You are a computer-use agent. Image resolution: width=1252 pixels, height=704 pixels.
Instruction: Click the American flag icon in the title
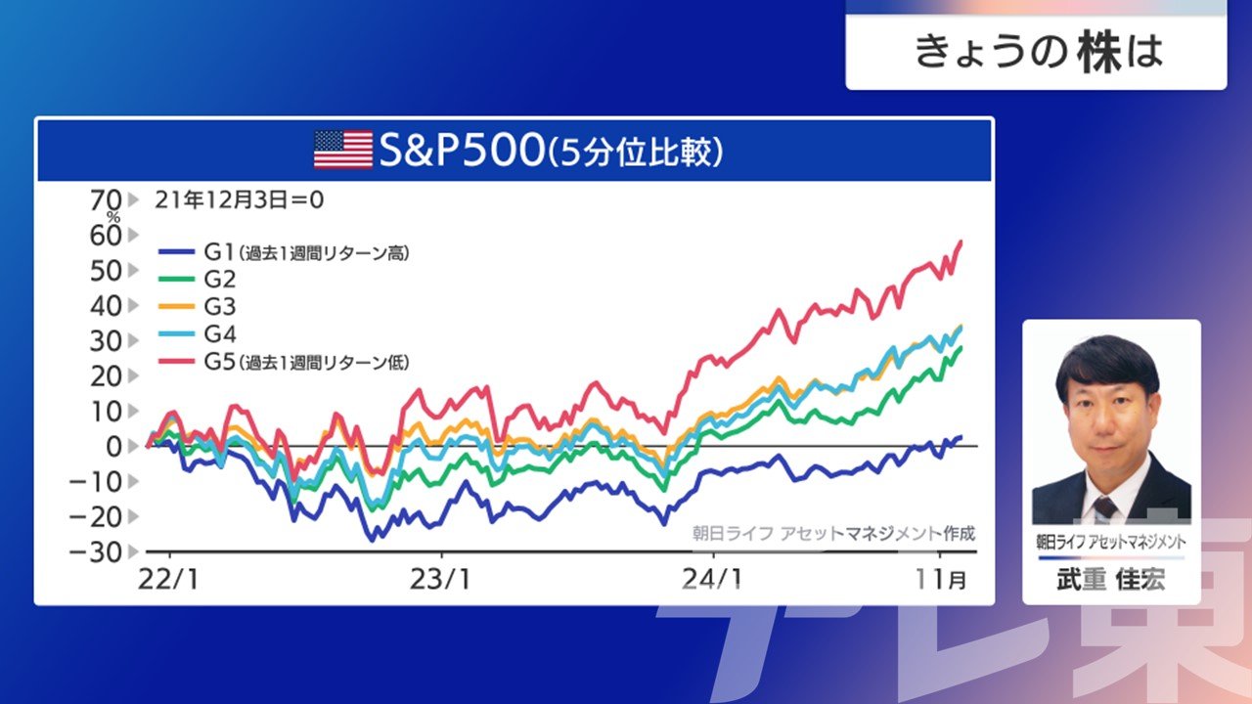(343, 150)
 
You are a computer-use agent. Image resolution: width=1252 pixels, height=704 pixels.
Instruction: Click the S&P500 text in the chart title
(462, 150)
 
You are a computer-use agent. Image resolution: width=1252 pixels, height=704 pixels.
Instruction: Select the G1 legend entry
(284, 252)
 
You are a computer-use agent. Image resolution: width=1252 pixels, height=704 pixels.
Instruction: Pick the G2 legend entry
(198, 279)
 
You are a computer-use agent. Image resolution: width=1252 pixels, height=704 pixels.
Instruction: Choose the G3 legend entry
(198, 306)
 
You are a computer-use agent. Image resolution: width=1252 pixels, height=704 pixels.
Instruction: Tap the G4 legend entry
(198, 333)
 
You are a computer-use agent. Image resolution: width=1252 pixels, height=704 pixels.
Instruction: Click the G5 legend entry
(284, 362)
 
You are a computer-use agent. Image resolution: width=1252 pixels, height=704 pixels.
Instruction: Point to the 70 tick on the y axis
(106, 199)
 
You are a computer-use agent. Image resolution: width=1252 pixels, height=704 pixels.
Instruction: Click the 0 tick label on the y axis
(113, 447)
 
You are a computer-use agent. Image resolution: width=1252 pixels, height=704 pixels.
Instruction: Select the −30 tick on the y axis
(95, 552)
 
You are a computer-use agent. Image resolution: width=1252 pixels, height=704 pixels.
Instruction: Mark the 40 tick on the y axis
(106, 306)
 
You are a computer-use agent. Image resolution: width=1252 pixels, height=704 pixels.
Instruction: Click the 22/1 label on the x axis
(168, 580)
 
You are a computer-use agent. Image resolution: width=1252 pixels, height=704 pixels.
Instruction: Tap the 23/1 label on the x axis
(440, 580)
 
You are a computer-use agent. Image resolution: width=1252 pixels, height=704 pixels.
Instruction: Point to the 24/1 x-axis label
(712, 580)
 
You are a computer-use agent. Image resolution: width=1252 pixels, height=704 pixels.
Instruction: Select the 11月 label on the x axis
(941, 580)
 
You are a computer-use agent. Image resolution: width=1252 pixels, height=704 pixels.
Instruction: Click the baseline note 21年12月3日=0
(240, 200)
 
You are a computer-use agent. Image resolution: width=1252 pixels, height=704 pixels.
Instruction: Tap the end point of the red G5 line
(961, 242)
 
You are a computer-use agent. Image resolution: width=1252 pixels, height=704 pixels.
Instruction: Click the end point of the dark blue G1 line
(961, 437)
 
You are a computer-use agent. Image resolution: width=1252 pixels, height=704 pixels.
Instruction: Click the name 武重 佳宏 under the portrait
(1111, 580)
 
